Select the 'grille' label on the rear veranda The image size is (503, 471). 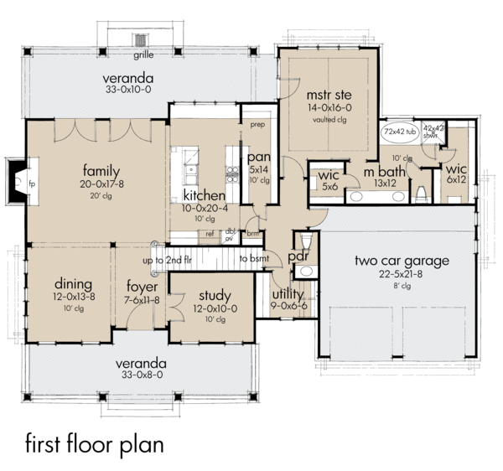tap(143, 58)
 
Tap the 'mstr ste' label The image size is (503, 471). tap(328, 93)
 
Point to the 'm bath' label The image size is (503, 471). tap(382, 172)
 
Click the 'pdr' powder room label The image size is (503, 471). tap(299, 257)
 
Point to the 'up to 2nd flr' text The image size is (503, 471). tap(179, 260)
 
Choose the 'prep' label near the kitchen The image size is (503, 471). tap(257, 125)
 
